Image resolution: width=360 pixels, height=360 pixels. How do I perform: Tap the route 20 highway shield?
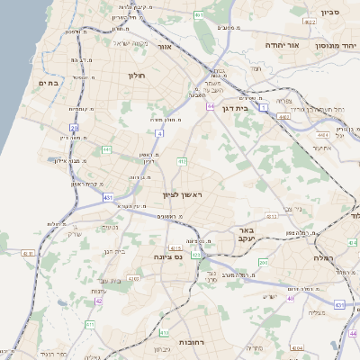pos(75,128)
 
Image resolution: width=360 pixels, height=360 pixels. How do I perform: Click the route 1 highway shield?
pos(264,107)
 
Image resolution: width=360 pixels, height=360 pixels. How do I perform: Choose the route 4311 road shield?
pos(27,254)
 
